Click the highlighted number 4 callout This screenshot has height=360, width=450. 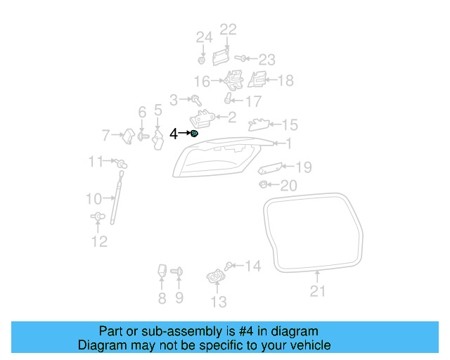point(174,133)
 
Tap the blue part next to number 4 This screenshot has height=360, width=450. point(195,133)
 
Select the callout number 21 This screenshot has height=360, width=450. point(318,291)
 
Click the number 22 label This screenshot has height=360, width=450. point(229,30)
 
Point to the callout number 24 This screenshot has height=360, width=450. point(203,37)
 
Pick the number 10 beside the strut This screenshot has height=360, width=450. point(94,199)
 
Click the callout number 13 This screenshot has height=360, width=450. point(219,302)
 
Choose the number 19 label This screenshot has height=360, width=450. point(303,167)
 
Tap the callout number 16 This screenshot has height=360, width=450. point(202,81)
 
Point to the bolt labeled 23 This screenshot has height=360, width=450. point(239,59)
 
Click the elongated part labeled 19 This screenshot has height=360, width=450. point(271,169)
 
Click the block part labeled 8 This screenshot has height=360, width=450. point(162,272)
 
